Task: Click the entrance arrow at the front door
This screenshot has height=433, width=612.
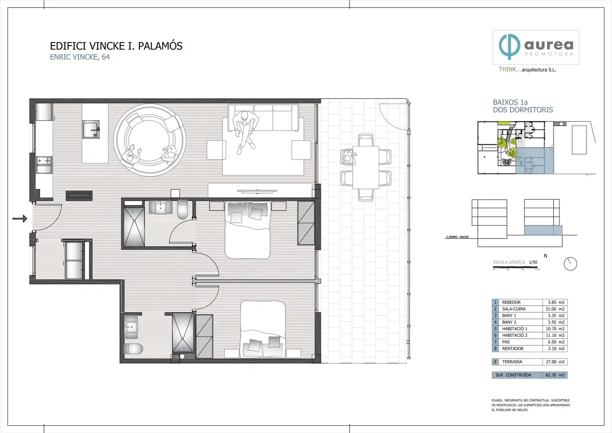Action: tap(20, 219)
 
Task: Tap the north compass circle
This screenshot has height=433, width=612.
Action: tap(570, 263)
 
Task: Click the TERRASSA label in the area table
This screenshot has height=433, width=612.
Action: tap(512, 362)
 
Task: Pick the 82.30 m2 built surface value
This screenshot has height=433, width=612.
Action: tap(555, 375)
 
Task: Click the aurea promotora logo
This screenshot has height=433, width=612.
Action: tap(535, 47)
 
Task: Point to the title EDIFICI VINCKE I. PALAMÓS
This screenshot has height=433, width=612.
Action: tap(116, 46)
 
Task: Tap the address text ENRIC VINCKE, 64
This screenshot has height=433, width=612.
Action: tap(80, 57)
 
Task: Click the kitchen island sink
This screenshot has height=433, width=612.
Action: tap(91, 130)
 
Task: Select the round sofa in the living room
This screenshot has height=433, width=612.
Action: tap(149, 140)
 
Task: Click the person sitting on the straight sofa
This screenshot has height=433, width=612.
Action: tap(245, 130)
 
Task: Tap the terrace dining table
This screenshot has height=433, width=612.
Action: tap(366, 167)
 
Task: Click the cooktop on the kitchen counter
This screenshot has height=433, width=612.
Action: tap(44, 160)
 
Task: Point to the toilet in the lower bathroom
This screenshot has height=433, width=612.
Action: tap(133, 348)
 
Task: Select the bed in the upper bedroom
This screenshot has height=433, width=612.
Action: tap(247, 229)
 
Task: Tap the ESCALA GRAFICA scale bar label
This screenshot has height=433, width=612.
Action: tap(509, 262)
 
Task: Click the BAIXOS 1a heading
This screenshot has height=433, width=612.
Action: tap(510, 102)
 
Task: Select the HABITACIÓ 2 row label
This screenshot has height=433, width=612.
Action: tap(515, 335)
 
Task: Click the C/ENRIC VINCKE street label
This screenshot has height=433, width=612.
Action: tap(457, 237)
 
